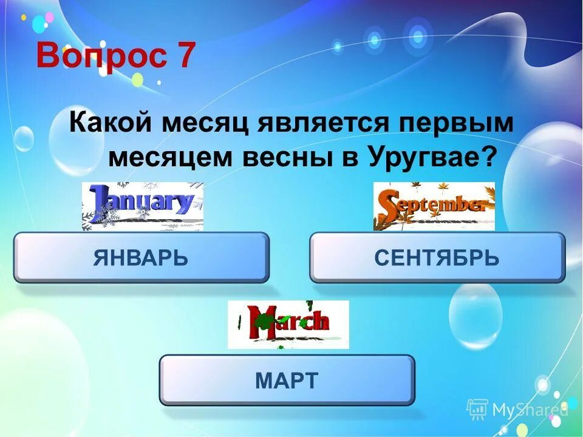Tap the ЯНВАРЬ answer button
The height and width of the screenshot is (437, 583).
coord(141,258)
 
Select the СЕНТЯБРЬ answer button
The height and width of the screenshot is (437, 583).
coord(437,258)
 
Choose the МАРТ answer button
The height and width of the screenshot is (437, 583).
coord(287,381)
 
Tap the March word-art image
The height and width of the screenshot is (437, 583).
coord(288,324)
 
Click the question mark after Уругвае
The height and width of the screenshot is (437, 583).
coord(489,158)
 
